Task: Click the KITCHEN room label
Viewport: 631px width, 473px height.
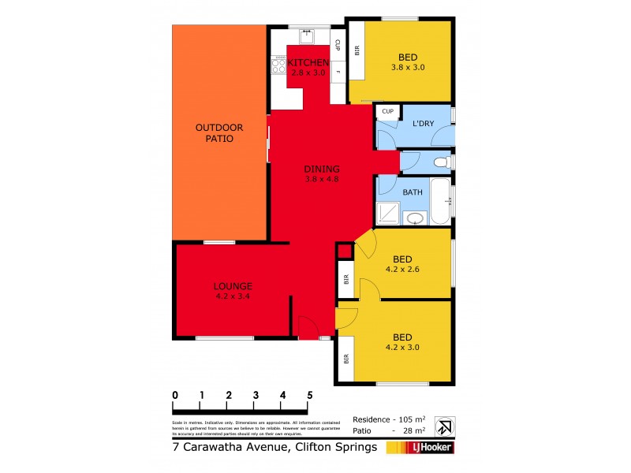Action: coord(307,62)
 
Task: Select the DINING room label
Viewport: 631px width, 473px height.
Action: coord(322,169)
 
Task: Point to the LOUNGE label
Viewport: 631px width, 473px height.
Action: coord(232,286)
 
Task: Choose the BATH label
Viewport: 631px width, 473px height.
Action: coord(413,192)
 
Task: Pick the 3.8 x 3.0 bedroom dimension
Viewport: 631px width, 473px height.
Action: coord(407,67)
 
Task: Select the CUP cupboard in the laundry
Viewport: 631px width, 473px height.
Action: coord(387,112)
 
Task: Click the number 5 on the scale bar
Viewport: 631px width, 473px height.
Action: coord(310,395)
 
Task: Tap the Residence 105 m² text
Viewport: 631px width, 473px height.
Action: coord(389,419)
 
